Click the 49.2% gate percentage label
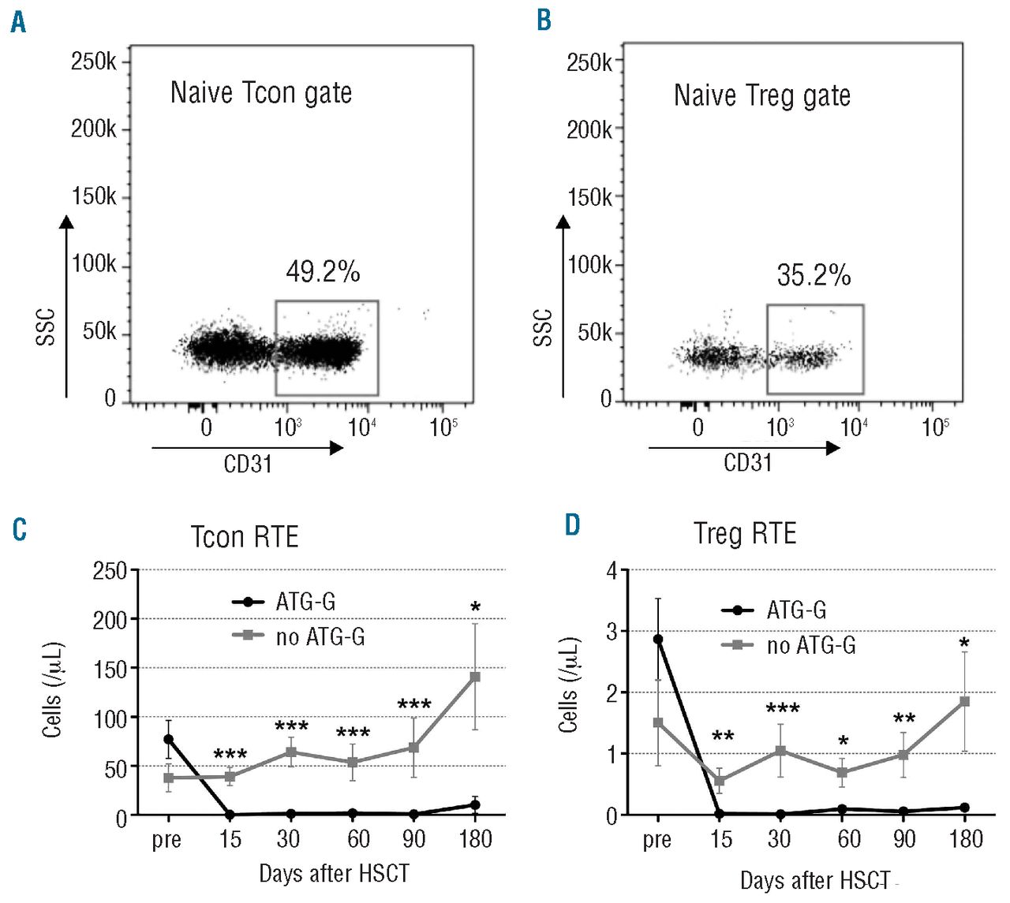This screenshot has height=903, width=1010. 323,272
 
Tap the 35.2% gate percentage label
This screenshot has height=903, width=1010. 814,275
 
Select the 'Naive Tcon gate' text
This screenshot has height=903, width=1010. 261,93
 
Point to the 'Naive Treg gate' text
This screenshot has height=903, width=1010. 762,96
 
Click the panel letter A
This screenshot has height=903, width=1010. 18,21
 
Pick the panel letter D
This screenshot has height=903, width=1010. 573,524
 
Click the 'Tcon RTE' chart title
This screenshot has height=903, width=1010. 245,537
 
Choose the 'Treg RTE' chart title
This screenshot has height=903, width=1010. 745,534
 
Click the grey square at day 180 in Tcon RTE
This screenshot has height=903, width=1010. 475,677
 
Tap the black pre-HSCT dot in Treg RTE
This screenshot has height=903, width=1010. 658,639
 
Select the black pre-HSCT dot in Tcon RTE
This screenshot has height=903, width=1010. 168,739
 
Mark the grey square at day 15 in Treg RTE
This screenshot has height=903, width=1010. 720,781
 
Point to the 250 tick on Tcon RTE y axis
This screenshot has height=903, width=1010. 110,571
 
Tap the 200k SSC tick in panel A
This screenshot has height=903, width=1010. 94,129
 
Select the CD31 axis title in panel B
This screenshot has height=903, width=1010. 747,462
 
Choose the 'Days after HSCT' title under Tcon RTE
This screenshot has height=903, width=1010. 334,873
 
